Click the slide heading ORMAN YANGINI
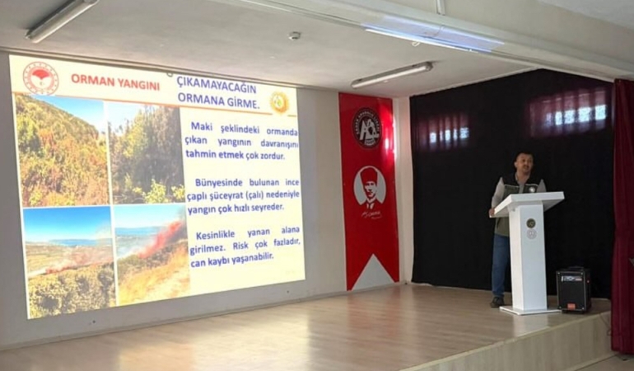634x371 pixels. pyautogui.click(x=115, y=80)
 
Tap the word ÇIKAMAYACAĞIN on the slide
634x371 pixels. pyautogui.click(x=216, y=86)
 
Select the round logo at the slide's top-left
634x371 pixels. pyautogui.click(x=40, y=78)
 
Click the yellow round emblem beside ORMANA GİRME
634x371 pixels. pyautogui.click(x=279, y=102)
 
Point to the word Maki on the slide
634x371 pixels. pyautogui.click(x=203, y=126)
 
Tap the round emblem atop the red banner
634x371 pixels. pyautogui.click(x=367, y=128)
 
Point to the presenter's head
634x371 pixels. pyautogui.click(x=522, y=163)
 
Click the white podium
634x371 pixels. pyautogui.click(x=528, y=251)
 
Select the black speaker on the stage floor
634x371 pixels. pyautogui.click(x=573, y=290)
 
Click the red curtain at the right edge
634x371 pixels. pyautogui.click(x=622, y=214)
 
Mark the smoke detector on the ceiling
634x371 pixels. pyautogui.click(x=294, y=35)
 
